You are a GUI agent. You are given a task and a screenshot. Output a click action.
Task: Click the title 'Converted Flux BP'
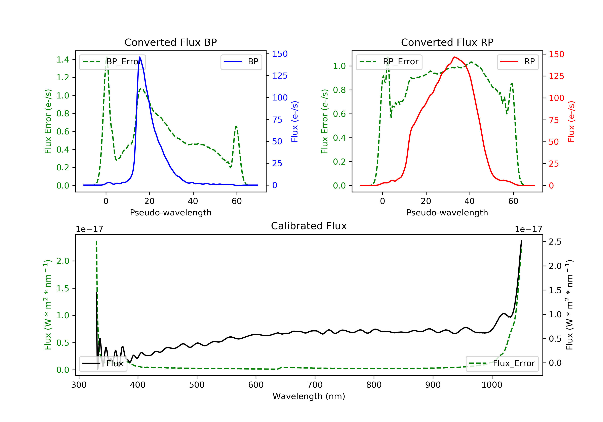tap(170, 42)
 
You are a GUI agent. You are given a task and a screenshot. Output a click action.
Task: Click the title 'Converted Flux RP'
tap(447, 42)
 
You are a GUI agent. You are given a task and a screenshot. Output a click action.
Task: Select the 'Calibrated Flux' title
tap(309, 226)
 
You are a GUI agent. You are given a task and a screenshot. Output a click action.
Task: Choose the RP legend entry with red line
tap(518, 62)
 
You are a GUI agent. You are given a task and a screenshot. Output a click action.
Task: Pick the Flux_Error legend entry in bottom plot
tap(502, 364)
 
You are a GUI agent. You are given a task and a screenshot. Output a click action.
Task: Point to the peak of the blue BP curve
tap(139, 57)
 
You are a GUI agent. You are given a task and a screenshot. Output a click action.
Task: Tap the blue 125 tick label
tap(280, 76)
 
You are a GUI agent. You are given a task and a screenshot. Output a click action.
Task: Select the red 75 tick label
tap(554, 120)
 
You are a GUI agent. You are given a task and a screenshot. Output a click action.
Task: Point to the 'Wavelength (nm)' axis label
tap(309, 396)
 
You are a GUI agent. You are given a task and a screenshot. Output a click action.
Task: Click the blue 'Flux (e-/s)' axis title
tap(295, 122)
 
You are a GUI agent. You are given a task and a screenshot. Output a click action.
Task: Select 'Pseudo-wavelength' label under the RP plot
tap(447, 213)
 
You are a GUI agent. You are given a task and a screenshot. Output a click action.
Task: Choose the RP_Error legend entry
tap(389, 62)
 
